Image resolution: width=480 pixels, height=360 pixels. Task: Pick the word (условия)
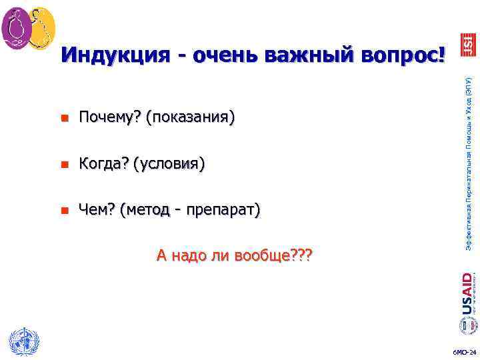pyautogui.click(x=169, y=164)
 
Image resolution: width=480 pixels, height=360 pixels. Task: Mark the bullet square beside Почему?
pyautogui.click(x=64, y=119)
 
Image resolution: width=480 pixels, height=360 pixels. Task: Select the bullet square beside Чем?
pyautogui.click(x=64, y=211)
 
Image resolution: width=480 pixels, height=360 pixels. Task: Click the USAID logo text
pyautogui.click(x=467, y=292)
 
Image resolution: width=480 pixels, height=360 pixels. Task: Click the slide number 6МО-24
pyautogui.click(x=465, y=352)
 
